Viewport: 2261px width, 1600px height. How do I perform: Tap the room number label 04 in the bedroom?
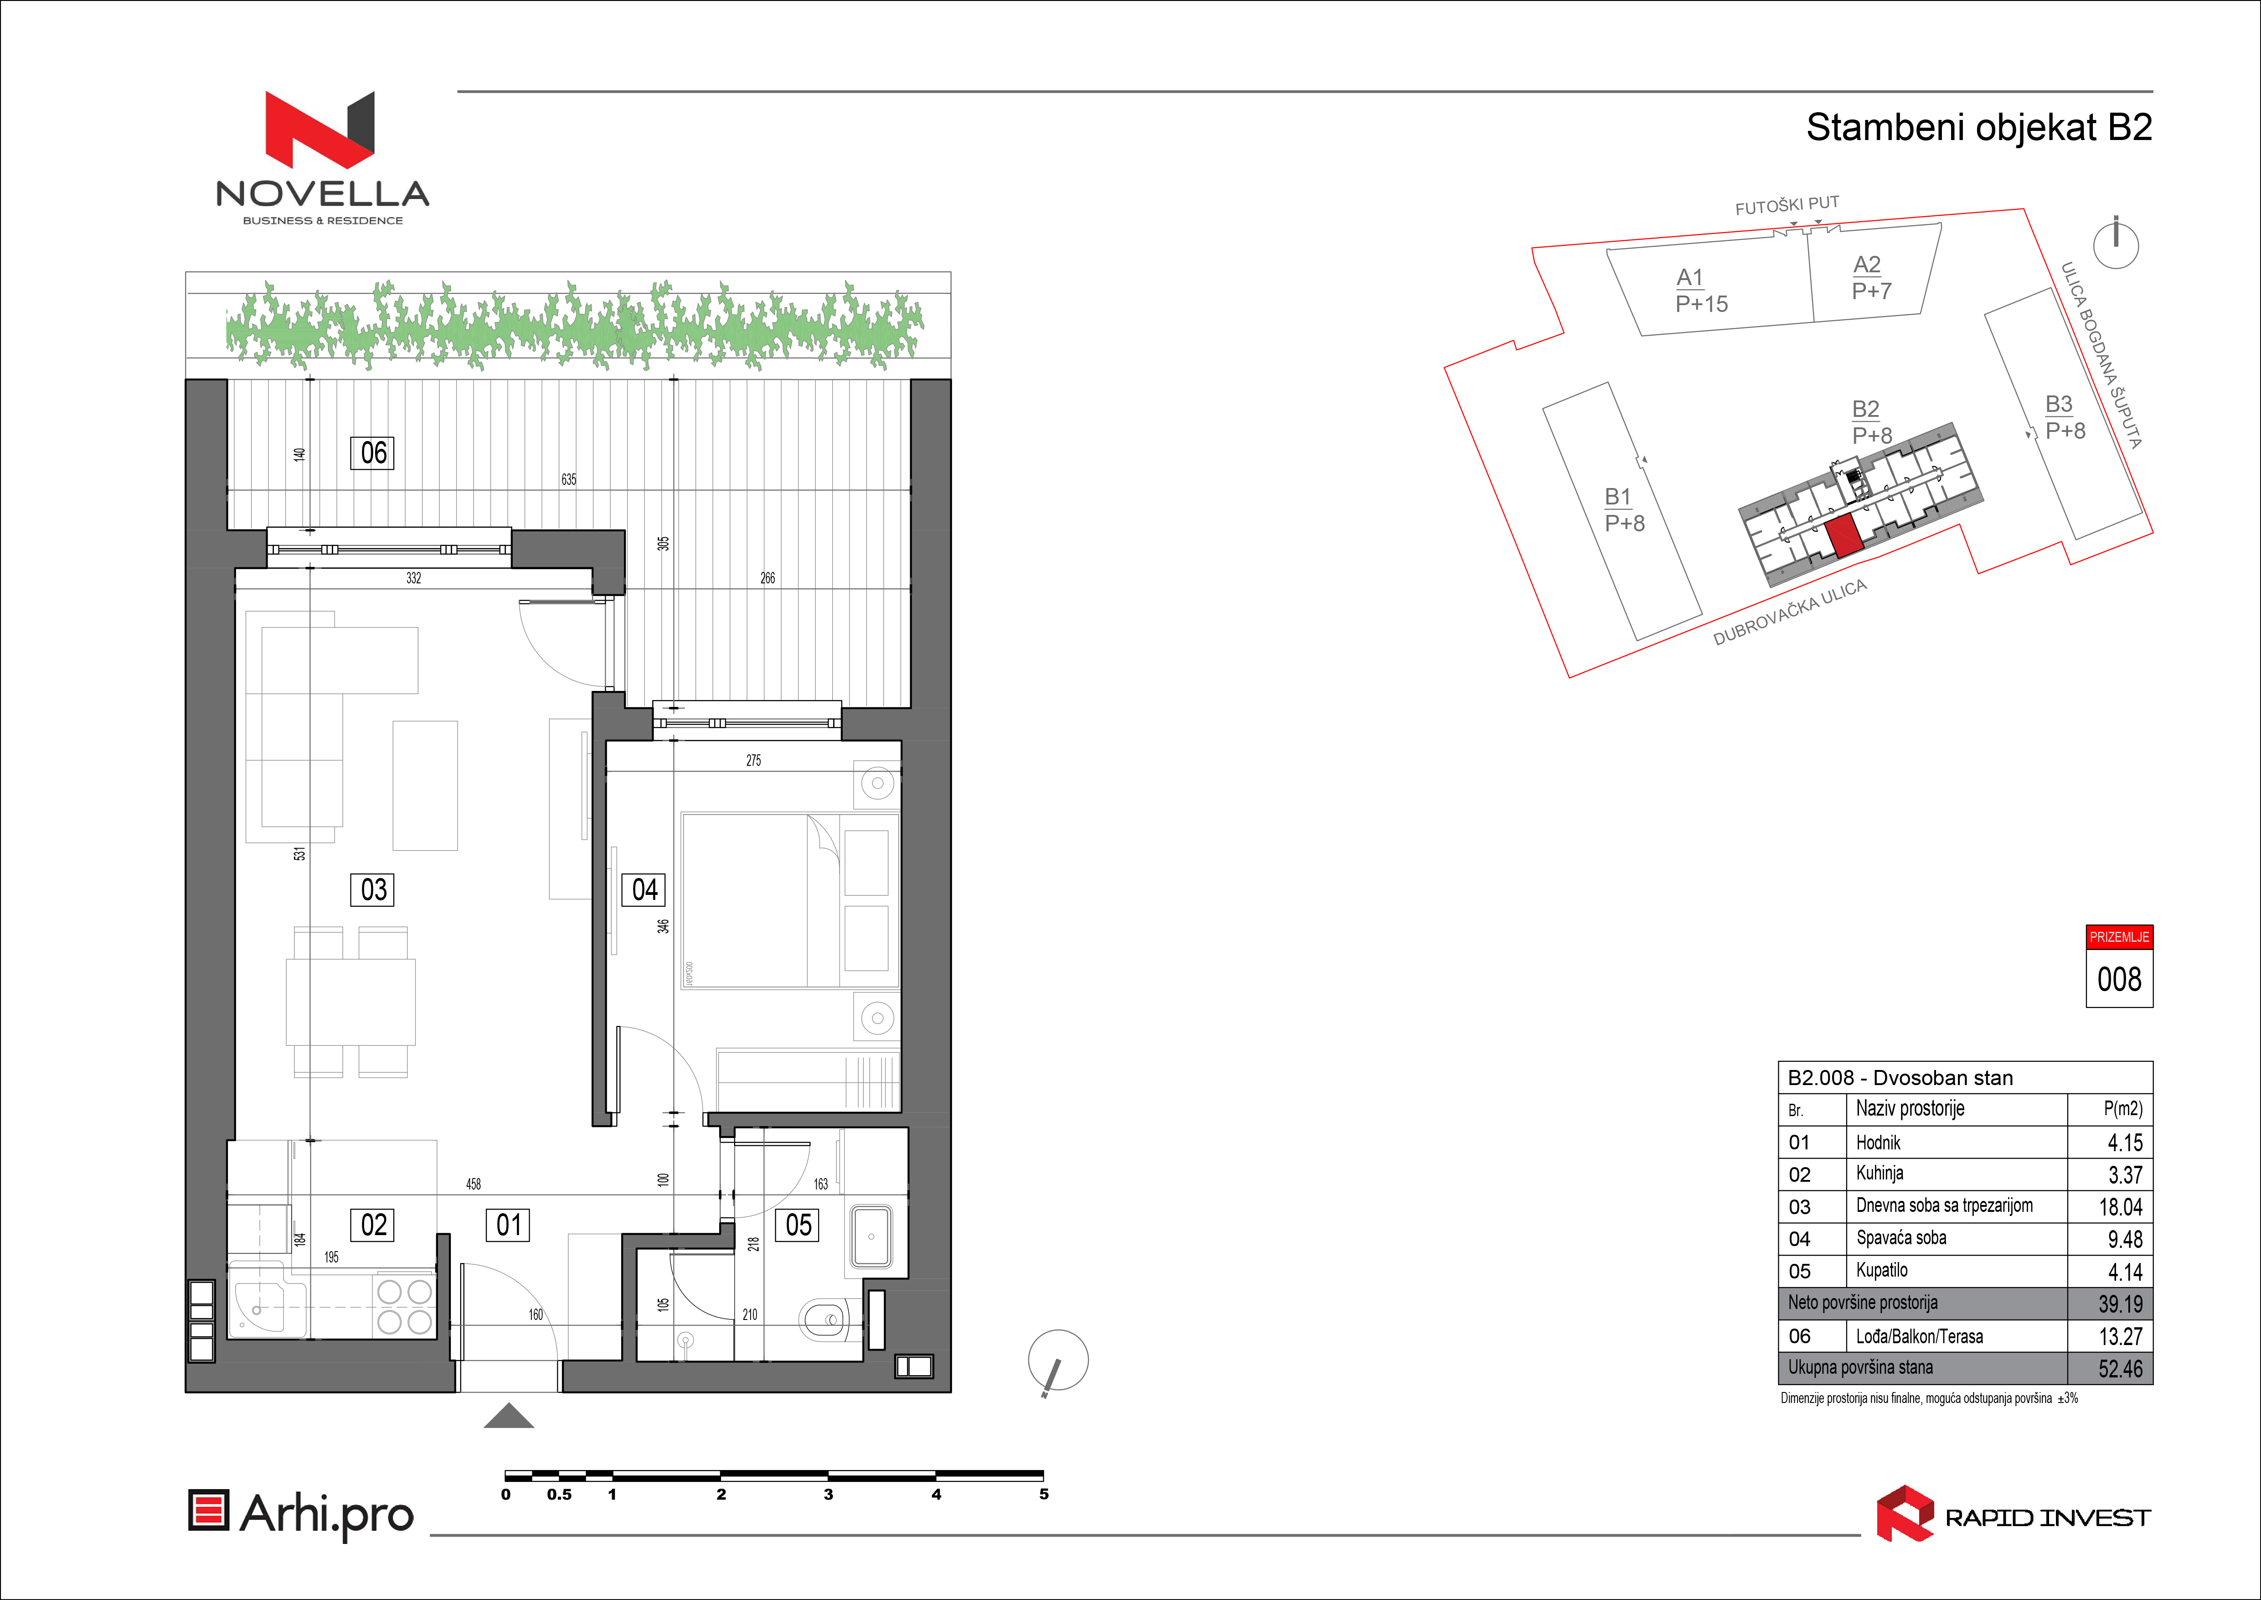pyautogui.click(x=644, y=890)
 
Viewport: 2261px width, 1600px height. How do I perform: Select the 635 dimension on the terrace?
pyautogui.click(x=569, y=480)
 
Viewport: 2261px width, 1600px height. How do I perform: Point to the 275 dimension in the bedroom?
pyautogui.click(x=753, y=761)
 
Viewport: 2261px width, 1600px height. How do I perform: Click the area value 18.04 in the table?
pyautogui.click(x=2120, y=1207)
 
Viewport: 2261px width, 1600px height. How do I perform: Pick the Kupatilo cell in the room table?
pyautogui.click(x=1881, y=1270)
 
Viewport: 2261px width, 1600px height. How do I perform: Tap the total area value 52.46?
pyautogui.click(x=2120, y=1368)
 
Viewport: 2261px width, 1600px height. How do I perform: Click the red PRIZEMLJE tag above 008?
pyautogui.click(x=2119, y=937)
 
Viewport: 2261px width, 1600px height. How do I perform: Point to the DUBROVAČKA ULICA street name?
pyautogui.click(x=1790, y=613)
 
